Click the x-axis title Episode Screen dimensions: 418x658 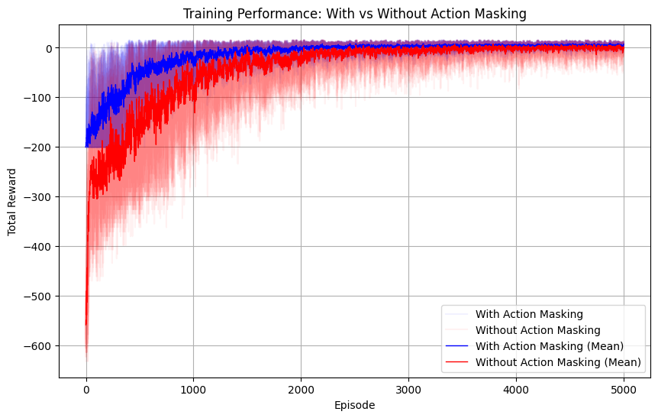(x=354, y=406)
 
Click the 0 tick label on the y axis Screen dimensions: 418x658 (x=48, y=48)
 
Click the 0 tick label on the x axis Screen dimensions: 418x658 (x=86, y=387)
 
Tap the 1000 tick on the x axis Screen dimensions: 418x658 (x=193, y=387)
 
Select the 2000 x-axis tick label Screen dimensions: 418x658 (x=301, y=387)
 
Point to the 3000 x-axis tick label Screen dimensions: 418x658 (x=408, y=387)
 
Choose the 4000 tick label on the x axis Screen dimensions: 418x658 (x=516, y=387)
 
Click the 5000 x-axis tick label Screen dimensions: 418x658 (x=624, y=387)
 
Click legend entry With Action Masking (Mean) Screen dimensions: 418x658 (x=549, y=346)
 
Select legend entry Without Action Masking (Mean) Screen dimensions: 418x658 (x=556, y=362)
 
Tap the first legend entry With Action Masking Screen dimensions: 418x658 (x=528, y=314)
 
